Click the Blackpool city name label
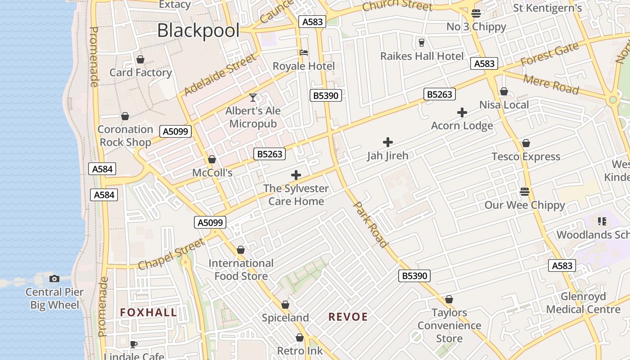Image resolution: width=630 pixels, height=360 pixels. [x=198, y=31]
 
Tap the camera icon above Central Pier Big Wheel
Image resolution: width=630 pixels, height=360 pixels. [x=54, y=279]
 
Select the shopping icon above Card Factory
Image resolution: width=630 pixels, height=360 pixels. [x=140, y=59]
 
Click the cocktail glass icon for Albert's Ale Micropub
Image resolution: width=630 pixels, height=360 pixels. [x=253, y=97]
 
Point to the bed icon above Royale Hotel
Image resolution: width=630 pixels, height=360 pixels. [x=304, y=53]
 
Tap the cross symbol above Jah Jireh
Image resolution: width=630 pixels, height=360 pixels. [x=387, y=142]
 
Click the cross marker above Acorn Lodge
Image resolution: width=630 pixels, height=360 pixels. [x=462, y=112]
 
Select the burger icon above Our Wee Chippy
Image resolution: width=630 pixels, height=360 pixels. [x=524, y=192]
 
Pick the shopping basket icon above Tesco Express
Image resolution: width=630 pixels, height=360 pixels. [x=526, y=143]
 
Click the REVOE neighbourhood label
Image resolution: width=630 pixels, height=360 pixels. [x=348, y=317]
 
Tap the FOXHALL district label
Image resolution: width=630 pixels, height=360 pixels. [x=148, y=312]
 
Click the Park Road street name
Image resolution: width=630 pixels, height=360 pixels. [x=371, y=224]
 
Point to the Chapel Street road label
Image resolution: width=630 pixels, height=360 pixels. [x=171, y=254]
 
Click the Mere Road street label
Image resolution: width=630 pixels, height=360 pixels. [x=552, y=84]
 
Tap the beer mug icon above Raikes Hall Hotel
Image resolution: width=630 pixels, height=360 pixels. [x=422, y=43]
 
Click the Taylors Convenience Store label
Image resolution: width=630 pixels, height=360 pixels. [x=449, y=325]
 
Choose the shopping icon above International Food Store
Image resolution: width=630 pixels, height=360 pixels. [x=241, y=250]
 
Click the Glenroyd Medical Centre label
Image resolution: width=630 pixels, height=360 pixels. [x=583, y=303]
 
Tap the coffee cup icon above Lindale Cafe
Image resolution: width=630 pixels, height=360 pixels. [x=133, y=344]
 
